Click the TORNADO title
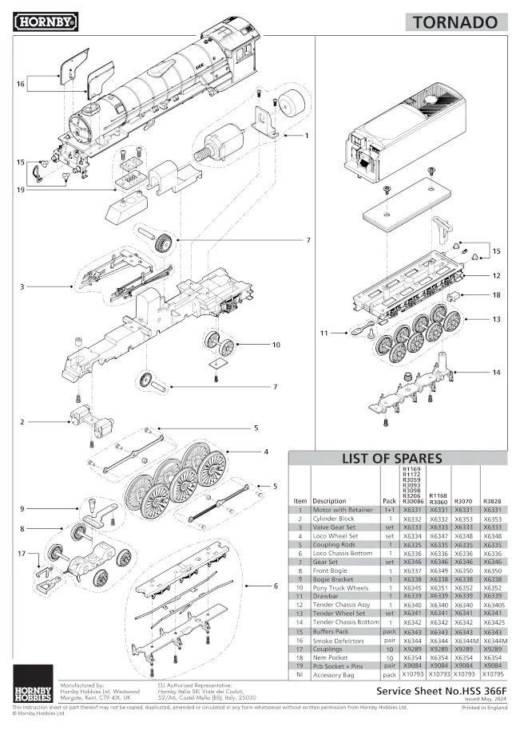tap(455, 22)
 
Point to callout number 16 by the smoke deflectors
tap(21, 83)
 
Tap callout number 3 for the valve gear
tap(23, 286)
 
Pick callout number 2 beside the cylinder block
tap(22, 421)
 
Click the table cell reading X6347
tap(439, 537)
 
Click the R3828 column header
tap(493, 501)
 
